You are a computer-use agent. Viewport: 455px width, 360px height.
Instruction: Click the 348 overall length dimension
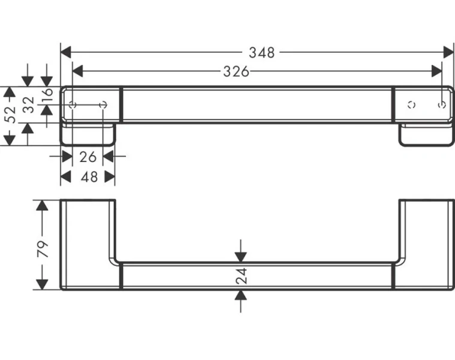pos(262,52)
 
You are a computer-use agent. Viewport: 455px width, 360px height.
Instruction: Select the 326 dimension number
pos(236,72)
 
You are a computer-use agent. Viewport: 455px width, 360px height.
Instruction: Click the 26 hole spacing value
pos(88,157)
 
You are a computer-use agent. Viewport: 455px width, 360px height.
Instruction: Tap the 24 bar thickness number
pos(240,277)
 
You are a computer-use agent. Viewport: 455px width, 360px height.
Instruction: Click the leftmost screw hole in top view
pos(73,106)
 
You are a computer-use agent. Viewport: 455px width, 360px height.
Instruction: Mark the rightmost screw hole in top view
pos(442,106)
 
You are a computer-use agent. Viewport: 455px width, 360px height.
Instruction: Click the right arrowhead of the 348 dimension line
pos(448,52)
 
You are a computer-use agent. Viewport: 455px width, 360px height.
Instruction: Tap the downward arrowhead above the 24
pos(240,257)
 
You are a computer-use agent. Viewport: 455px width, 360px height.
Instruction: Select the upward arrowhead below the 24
pos(240,295)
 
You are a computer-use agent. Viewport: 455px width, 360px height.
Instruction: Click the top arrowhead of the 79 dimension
pos(41,206)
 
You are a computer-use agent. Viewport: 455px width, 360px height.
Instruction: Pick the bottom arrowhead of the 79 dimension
pos(41,284)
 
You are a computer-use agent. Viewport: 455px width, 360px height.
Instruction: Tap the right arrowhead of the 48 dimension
pos(110,177)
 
